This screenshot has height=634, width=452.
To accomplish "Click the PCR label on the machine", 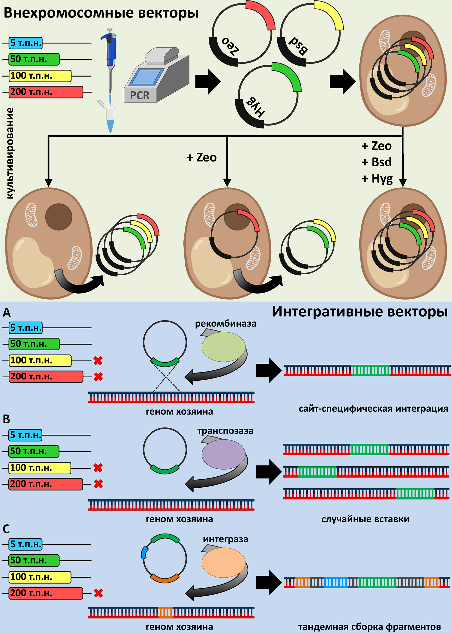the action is (140, 95).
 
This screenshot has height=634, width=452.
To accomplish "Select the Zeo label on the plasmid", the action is (231, 46).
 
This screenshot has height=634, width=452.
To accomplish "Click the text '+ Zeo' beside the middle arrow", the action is (202, 157).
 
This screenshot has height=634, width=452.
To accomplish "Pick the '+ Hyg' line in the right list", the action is (377, 178).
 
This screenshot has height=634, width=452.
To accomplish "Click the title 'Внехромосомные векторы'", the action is (101, 13).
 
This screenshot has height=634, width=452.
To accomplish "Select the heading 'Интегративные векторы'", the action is (360, 312).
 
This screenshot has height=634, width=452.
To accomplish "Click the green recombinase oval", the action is (224, 347).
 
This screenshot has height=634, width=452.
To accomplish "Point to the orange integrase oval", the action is (224, 562).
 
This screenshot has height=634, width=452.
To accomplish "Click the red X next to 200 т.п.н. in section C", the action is (98, 593).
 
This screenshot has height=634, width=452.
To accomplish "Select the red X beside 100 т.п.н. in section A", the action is (98, 360).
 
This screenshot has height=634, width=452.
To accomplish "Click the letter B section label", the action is (7, 419).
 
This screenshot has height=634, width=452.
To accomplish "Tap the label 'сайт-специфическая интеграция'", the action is (373, 409).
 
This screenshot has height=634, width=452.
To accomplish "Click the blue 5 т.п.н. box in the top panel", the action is (26, 43).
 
